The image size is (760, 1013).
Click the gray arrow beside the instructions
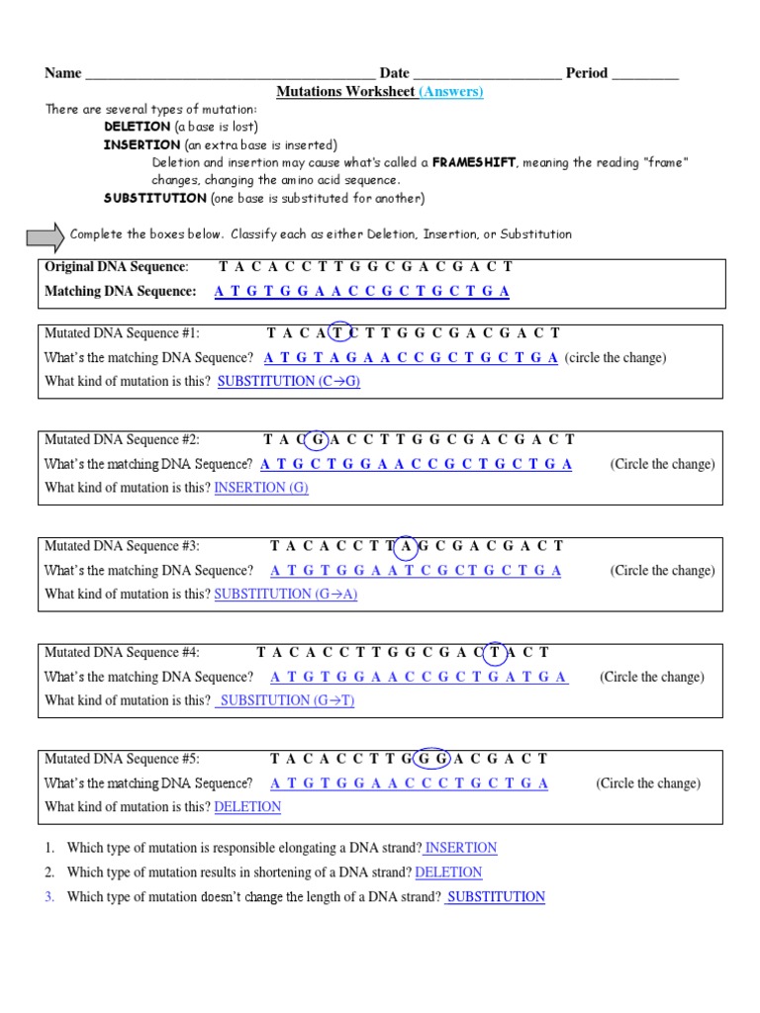(x=45, y=235)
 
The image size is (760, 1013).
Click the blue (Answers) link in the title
(x=451, y=92)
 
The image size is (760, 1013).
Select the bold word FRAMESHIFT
(x=473, y=162)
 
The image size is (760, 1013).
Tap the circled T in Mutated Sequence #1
(x=340, y=334)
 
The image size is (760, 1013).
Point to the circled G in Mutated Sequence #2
(x=318, y=440)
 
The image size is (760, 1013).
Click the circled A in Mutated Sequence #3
(x=405, y=546)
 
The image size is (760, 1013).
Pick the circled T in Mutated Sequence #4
(x=494, y=653)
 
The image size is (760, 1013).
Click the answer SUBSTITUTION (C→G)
(x=288, y=381)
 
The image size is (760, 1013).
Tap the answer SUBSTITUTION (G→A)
(x=286, y=594)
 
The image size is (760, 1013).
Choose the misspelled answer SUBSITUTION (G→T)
(x=286, y=700)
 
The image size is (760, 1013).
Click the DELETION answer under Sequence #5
(x=247, y=806)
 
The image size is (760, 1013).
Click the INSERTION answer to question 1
(x=460, y=848)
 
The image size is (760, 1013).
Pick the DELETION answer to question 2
(x=448, y=873)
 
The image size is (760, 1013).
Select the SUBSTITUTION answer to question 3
(x=495, y=897)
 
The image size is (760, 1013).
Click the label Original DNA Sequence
(x=116, y=267)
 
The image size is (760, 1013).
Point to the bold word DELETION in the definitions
(x=138, y=128)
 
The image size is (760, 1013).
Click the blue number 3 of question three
(x=48, y=897)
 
